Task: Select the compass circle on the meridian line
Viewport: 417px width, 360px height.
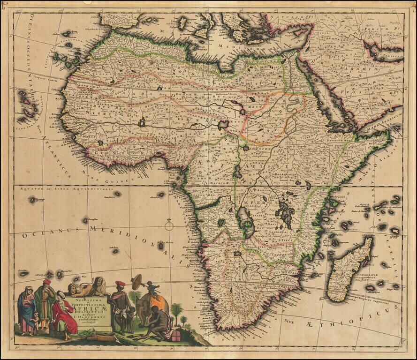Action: tap(169, 226)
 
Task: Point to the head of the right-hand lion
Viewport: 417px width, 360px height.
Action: tap(99, 282)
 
